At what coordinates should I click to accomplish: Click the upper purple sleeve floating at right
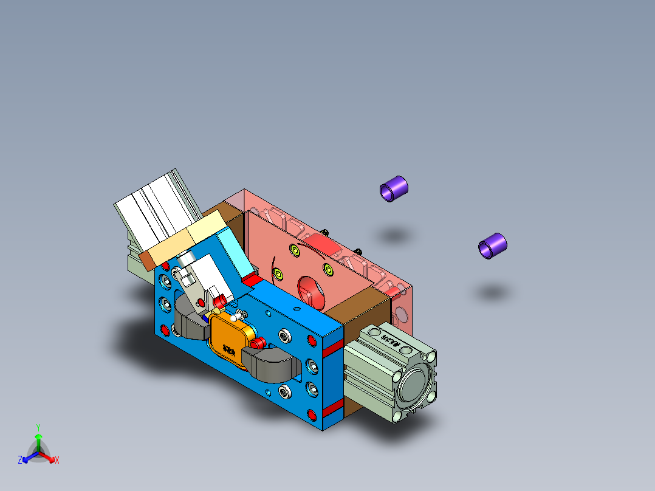pos(394,188)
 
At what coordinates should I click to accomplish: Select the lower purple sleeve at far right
pos(493,245)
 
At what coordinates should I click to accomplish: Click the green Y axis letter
pos(38,427)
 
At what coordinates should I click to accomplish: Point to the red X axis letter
pos(57,461)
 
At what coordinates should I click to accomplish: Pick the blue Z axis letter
pos(20,461)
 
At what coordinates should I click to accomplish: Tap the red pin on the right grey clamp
pos(258,343)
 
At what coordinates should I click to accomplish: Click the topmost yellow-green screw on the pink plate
pos(295,249)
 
